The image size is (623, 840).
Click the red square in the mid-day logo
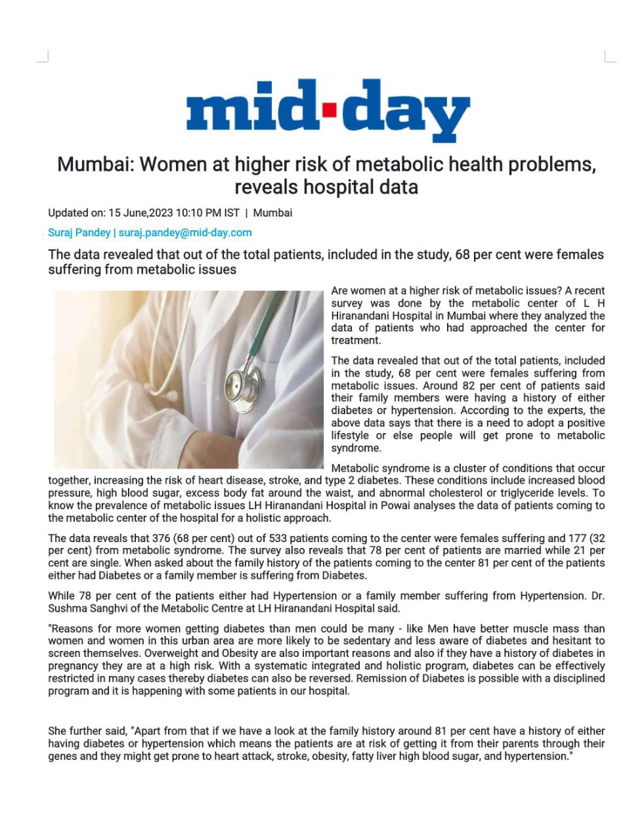[x=330, y=108]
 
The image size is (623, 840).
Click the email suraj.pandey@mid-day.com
[x=185, y=232]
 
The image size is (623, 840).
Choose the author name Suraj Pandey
[x=79, y=232]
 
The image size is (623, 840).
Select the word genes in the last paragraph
[x=63, y=756]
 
